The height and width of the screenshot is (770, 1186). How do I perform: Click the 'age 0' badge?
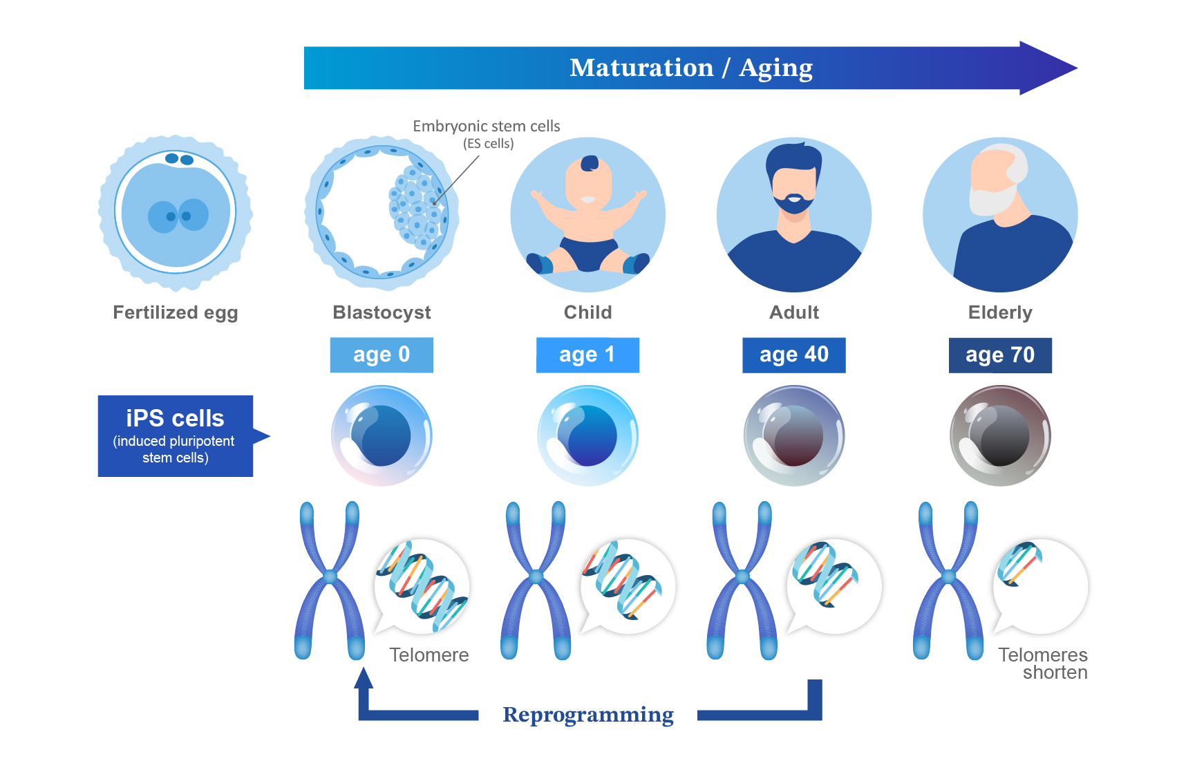(382, 355)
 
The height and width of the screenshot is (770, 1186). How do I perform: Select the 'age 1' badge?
(587, 355)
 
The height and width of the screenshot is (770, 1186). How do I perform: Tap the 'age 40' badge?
(794, 355)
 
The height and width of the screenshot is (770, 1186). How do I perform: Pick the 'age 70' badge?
(1000, 355)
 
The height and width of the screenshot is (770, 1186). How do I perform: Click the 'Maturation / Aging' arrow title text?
(691, 68)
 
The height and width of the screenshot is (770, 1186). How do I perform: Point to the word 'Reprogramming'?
(588, 715)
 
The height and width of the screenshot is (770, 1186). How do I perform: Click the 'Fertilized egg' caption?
(176, 313)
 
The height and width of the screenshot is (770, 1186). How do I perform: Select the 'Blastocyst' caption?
(382, 312)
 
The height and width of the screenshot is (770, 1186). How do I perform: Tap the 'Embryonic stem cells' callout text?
(487, 126)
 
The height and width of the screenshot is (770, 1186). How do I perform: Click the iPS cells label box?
(176, 436)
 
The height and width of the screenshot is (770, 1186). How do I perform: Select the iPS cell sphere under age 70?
(1000, 436)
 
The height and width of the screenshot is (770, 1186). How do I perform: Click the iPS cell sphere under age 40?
(794, 436)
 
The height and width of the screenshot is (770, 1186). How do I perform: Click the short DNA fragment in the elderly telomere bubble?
(1019, 563)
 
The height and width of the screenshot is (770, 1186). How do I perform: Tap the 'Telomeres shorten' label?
(1043, 664)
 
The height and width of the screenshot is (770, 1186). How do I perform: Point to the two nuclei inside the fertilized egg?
(178, 216)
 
